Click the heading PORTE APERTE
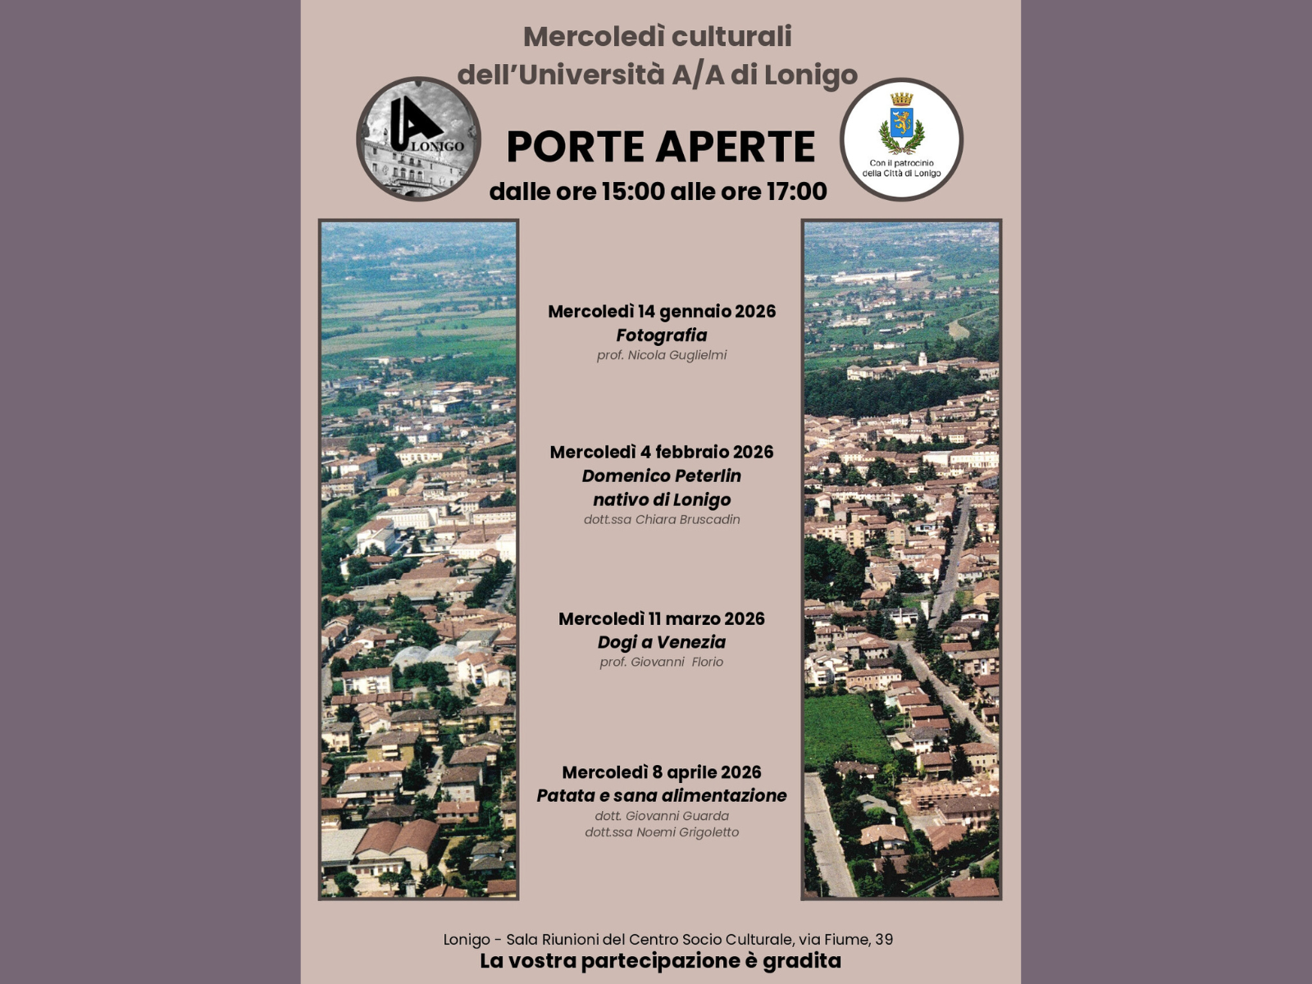tap(661, 147)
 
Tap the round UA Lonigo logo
tap(418, 139)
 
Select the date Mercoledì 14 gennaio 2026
tap(662, 312)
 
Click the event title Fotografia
tap(662, 335)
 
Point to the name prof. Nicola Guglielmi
tap(662, 355)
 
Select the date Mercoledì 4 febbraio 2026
tap(662, 452)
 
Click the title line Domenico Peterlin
tap(662, 476)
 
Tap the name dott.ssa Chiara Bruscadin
tap(662, 519)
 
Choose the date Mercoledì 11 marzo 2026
tap(662, 619)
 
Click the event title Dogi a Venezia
tap(662, 642)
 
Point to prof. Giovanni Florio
tap(662, 662)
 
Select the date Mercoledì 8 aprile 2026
tap(662, 772)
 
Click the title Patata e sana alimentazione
tap(662, 795)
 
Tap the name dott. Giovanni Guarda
tap(662, 816)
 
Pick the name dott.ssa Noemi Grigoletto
tap(662, 832)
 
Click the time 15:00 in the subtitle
tap(632, 192)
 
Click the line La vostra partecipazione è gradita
tap(661, 961)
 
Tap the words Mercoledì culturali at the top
tap(658, 36)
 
